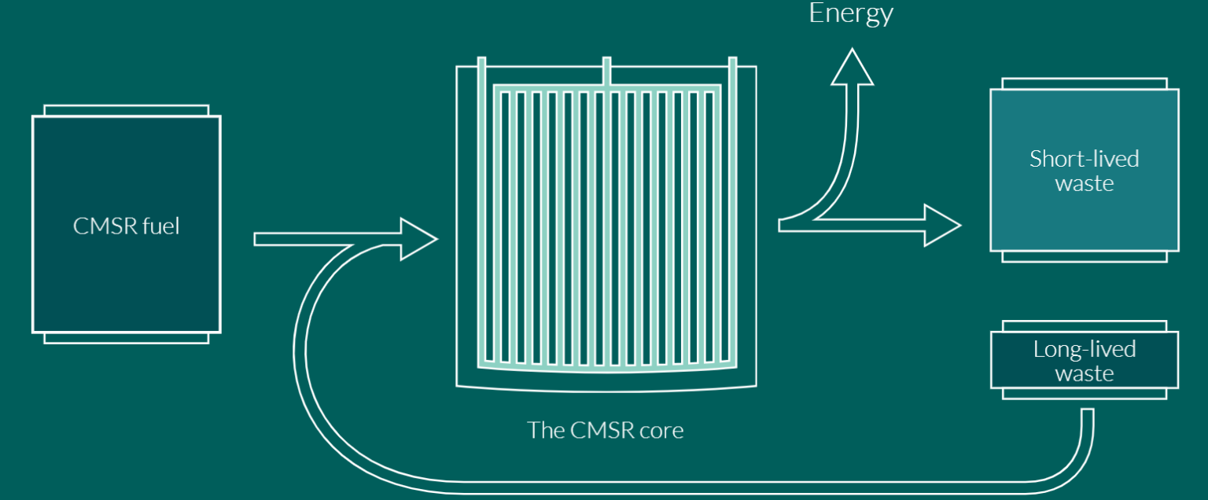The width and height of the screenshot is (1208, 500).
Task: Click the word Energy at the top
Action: tap(851, 13)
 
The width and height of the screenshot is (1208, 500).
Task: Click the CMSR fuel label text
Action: tap(126, 226)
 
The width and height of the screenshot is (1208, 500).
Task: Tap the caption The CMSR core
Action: tap(605, 430)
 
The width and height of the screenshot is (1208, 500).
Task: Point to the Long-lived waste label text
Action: tap(1084, 360)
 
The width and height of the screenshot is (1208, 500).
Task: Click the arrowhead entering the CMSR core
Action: tap(418, 238)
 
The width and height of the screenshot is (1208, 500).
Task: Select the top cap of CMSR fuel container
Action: tap(126, 110)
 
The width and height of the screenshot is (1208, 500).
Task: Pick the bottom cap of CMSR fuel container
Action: tap(126, 338)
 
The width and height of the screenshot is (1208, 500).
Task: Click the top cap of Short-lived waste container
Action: tap(1084, 83)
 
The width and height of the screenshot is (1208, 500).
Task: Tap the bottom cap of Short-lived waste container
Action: tap(1084, 256)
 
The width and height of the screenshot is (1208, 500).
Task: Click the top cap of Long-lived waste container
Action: tap(1084, 325)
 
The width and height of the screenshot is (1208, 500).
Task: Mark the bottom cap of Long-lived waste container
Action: tap(1084, 393)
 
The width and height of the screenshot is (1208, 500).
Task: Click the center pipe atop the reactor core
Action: tap(606, 71)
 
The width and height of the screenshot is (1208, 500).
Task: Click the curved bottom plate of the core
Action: tap(606, 368)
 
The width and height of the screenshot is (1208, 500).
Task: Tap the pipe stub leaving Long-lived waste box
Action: tap(1087, 425)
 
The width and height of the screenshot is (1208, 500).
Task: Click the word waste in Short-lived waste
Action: tap(1084, 184)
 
